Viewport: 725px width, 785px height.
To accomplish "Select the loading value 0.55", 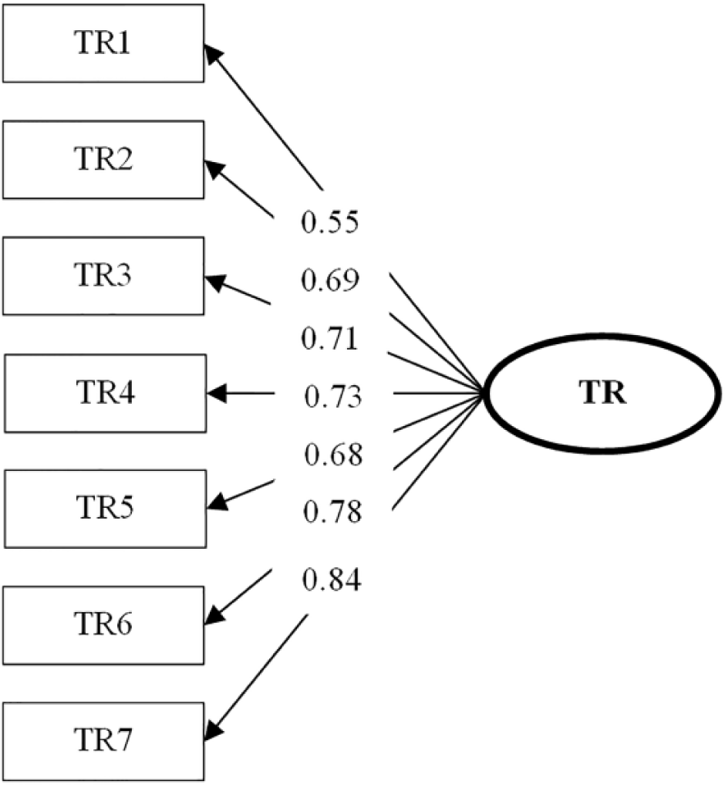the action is (330, 222).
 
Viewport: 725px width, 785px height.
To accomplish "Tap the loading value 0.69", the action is (330, 280).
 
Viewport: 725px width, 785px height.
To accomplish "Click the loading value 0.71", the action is (330, 338).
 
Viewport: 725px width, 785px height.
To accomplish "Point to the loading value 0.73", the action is (332, 397).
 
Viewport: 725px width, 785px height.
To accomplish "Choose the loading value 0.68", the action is (333, 455).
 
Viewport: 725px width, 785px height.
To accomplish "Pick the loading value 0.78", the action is (332, 512).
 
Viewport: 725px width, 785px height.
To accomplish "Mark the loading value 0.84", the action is (332, 580).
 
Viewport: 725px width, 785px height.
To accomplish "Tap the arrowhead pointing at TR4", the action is (216, 394).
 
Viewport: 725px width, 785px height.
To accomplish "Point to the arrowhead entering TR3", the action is (215, 282).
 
